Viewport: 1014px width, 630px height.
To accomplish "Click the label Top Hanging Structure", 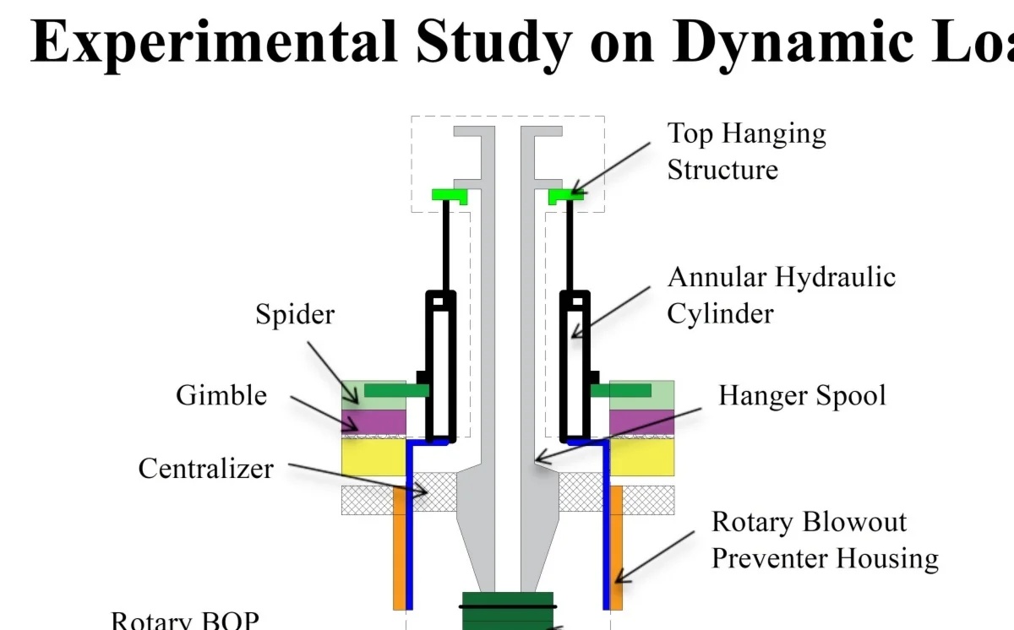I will point(746,151).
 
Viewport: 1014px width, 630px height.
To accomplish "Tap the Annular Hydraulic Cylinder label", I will point(781,295).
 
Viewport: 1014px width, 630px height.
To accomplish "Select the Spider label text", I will point(295,315).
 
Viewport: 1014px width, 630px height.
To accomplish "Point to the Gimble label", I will point(221,395).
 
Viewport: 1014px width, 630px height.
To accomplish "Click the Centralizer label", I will point(206,468).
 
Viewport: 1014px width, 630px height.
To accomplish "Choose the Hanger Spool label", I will point(802,395).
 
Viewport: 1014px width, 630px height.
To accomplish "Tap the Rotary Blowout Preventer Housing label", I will point(824,540).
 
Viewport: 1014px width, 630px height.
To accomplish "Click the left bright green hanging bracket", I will point(450,195).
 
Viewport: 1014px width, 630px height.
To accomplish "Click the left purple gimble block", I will point(373,421).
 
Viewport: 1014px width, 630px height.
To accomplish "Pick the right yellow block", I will point(641,457).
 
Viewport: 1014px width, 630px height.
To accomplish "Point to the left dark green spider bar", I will point(396,391).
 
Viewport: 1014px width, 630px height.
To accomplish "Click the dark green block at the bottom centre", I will point(508,610).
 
